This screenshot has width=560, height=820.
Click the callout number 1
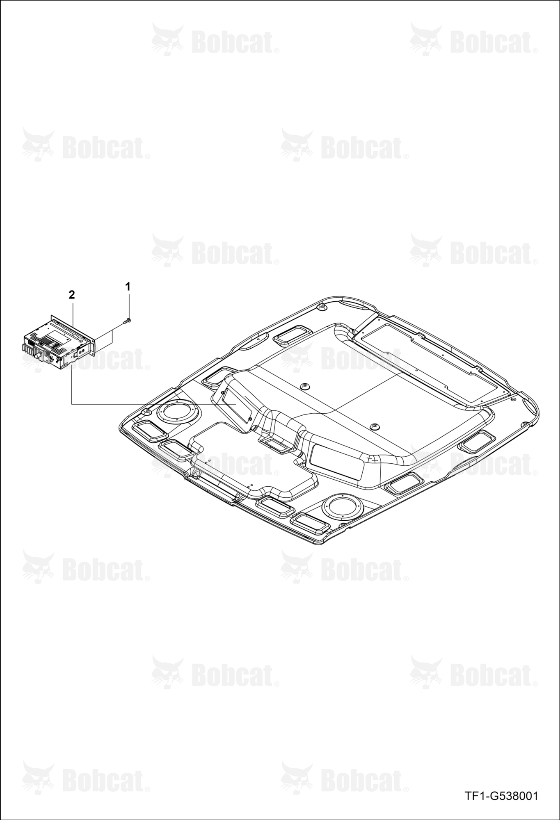click(128, 287)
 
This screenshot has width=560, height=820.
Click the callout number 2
click(72, 294)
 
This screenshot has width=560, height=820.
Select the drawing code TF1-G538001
click(501, 796)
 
